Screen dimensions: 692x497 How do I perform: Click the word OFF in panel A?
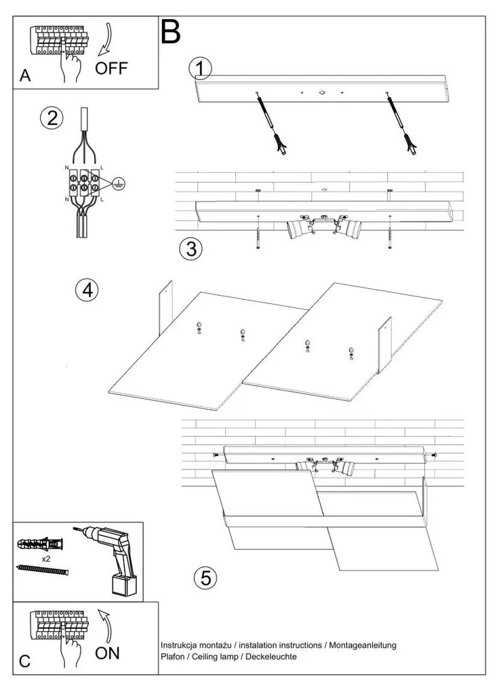point(111,68)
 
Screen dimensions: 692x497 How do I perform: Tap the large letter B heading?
point(171,31)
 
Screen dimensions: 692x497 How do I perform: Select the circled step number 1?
point(201,69)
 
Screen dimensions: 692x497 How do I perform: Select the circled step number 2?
point(52,118)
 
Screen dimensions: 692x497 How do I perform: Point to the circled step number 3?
point(191,249)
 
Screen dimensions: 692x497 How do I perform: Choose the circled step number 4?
point(87,290)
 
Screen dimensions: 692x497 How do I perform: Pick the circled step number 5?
point(205,578)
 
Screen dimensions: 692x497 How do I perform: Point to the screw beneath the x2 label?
point(43,570)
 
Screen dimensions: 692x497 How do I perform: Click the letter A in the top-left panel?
point(25,76)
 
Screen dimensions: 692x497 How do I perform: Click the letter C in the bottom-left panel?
point(25,662)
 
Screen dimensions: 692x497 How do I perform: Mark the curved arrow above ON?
point(106,623)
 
